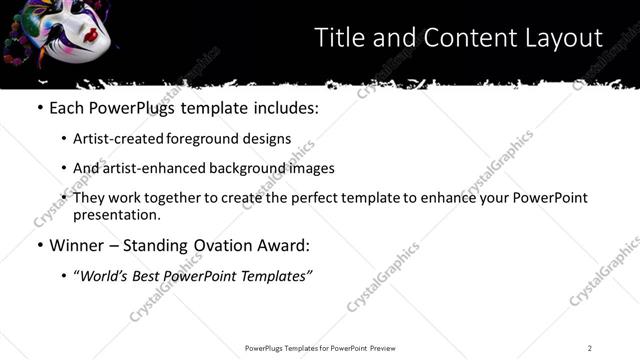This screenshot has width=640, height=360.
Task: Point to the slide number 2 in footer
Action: (x=590, y=347)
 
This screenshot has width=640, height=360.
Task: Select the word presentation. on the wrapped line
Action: (x=116, y=214)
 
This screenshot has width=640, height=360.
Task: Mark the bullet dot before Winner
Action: (x=39, y=245)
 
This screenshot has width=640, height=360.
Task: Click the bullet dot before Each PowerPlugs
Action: (x=39, y=106)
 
